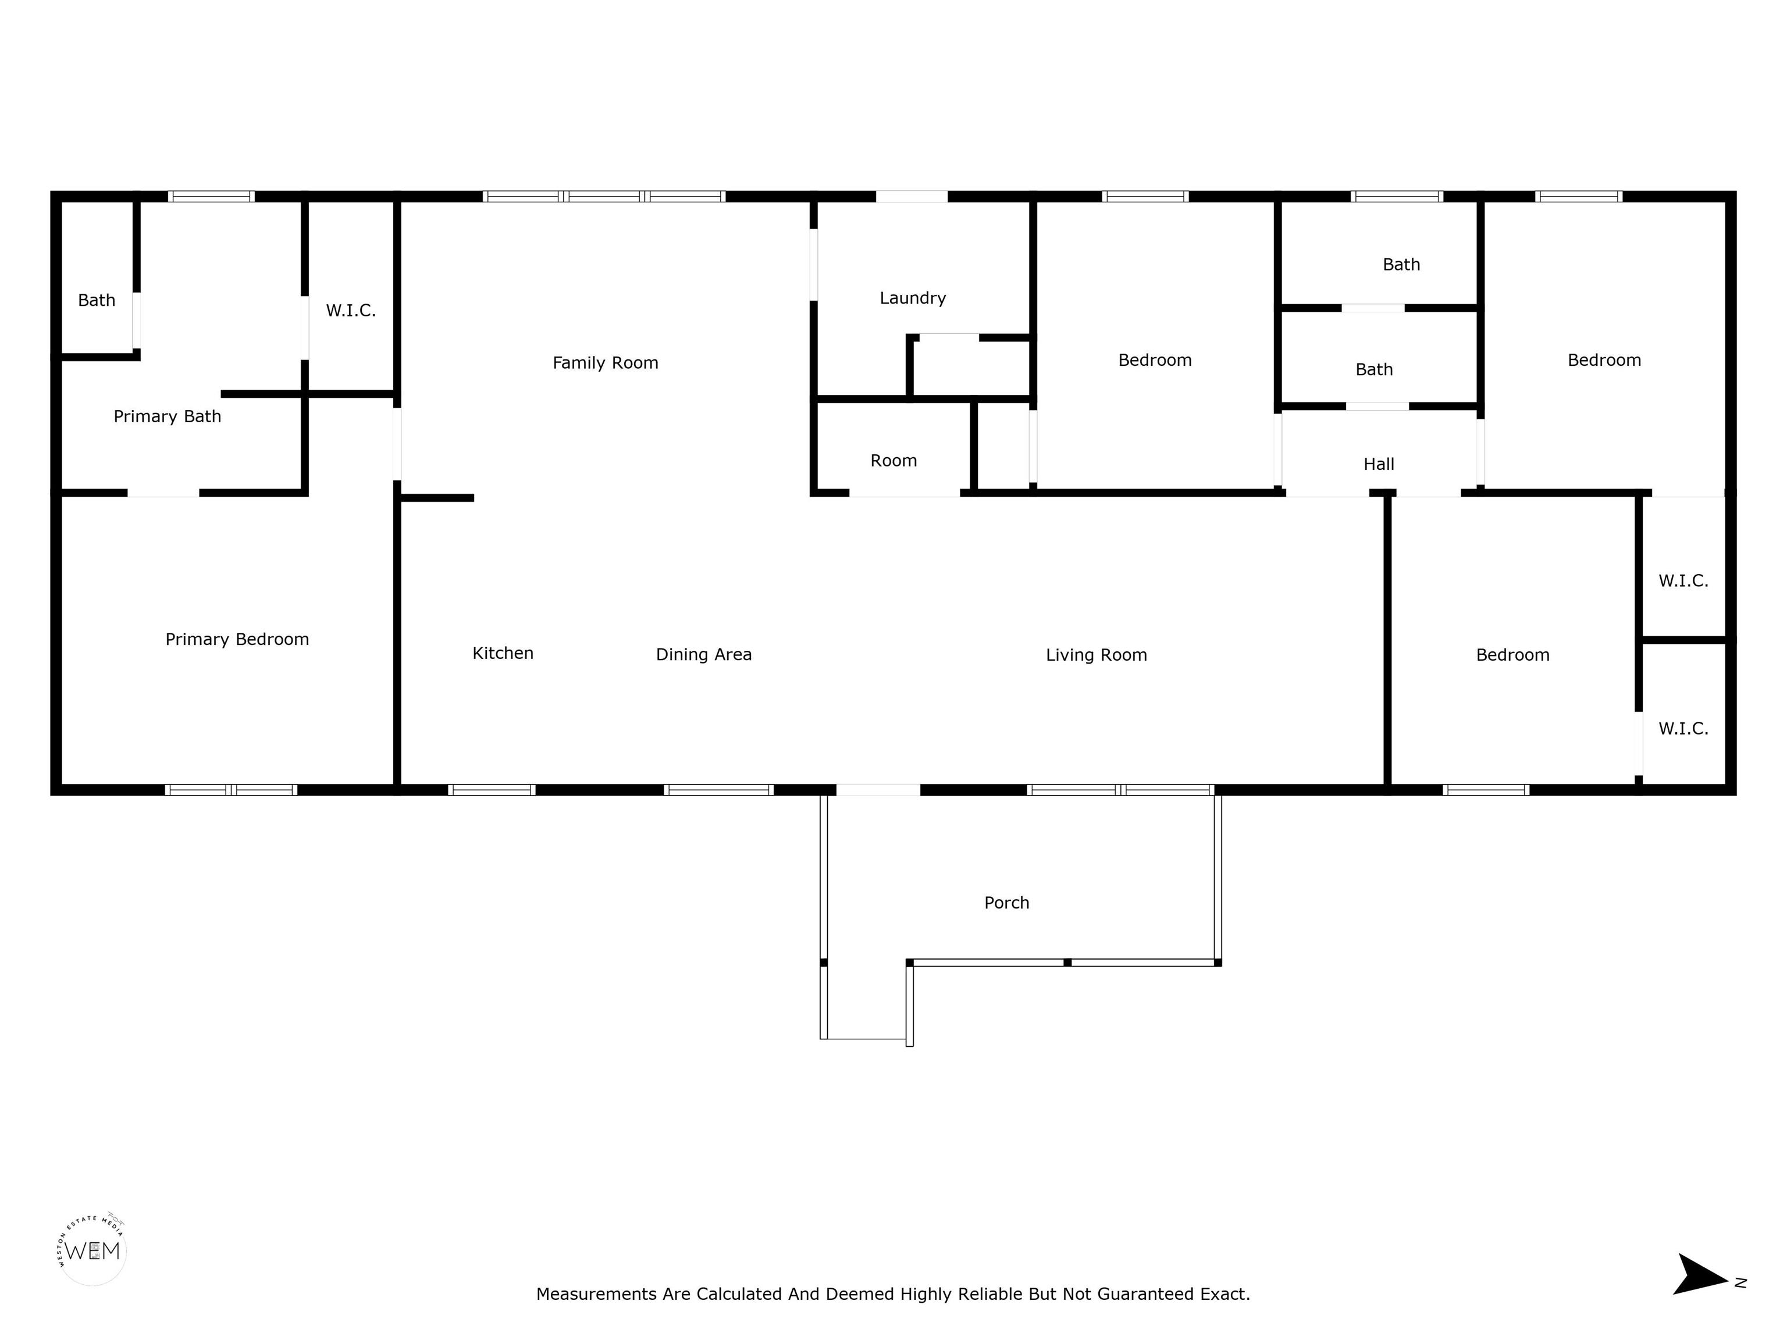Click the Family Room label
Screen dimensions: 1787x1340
605,363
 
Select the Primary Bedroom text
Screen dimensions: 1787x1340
237,640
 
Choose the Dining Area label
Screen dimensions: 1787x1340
704,655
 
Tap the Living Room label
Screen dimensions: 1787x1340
1097,655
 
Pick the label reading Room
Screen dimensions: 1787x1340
893,461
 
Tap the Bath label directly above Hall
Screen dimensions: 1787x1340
1374,370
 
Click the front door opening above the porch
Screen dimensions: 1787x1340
878,790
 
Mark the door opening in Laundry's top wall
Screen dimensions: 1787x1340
912,196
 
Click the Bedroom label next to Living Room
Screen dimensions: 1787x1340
1512,655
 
